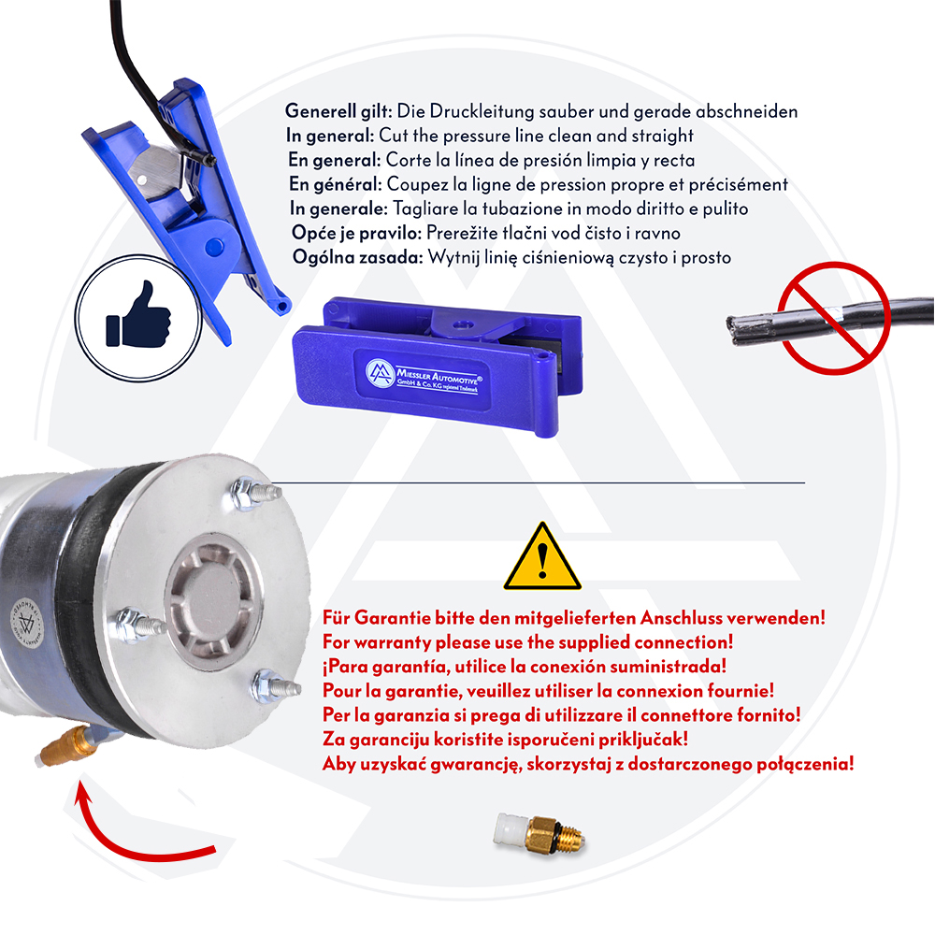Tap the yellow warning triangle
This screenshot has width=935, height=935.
[542, 557]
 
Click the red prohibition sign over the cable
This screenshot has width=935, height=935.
[834, 318]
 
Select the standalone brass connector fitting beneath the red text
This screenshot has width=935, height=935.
[539, 832]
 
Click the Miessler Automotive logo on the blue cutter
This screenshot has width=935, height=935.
[424, 376]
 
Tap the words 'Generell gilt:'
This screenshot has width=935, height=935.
[338, 111]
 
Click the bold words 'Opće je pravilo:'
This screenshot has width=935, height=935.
[356, 233]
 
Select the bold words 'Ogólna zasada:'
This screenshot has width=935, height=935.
[358, 258]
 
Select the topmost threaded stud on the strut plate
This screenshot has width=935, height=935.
[255, 493]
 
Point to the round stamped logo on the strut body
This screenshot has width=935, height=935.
[27, 623]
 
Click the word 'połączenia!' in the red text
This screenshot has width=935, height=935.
[805, 765]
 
